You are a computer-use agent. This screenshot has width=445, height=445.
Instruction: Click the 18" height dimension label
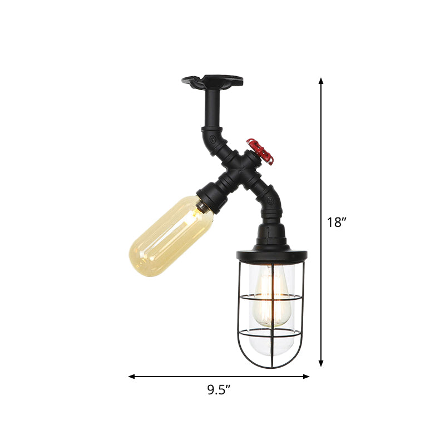pyautogui.click(x=337, y=222)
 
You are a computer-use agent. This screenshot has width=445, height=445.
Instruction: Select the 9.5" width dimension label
pyautogui.click(x=219, y=390)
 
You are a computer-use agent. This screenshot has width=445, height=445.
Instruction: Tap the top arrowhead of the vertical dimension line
pyautogui.click(x=321, y=81)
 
